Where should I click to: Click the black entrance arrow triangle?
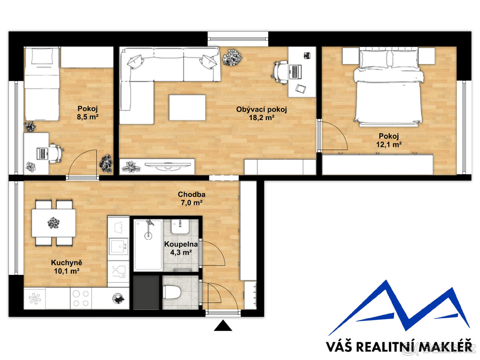coord(223,326)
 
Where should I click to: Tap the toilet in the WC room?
coord(172,292)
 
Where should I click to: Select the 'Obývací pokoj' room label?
coord(261,109)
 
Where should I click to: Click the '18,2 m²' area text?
coord(262,118)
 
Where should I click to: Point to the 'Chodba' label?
coord(191,194)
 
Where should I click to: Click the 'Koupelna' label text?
coord(181,244)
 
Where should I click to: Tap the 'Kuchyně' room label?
coord(66,263)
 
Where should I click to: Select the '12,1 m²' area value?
coord(389,144)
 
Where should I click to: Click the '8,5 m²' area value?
coord(88,117)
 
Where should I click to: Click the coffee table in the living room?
coord(187,107)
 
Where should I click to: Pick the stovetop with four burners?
coord(81,298)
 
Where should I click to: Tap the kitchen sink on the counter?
coord(118,246)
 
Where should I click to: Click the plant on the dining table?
coord(54,223)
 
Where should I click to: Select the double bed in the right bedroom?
coord(388,88)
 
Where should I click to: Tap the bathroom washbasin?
coord(180,226)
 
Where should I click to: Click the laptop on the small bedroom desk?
coord(42,154)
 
